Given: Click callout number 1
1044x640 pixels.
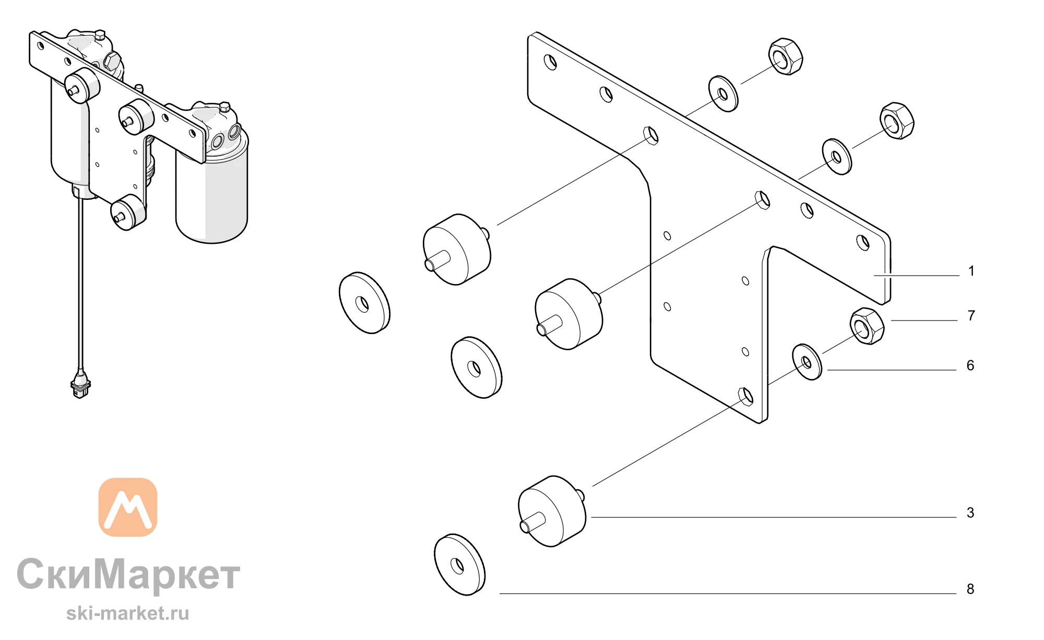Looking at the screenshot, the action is tap(971, 271).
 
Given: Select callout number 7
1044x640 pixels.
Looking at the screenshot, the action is tap(971, 315).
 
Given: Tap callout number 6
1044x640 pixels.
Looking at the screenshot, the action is tap(970, 365).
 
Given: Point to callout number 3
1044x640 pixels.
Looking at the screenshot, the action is tap(970, 513).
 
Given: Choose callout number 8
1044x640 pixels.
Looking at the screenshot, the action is tap(970, 589).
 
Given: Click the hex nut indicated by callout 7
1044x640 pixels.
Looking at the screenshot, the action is tap(867, 326).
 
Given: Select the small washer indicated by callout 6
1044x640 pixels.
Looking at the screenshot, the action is tap(807, 362).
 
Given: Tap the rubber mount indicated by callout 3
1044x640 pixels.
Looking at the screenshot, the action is tap(552, 511).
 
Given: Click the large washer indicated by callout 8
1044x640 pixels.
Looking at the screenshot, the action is tap(459, 564).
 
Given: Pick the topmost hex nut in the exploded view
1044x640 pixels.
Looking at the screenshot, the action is tap(786, 56).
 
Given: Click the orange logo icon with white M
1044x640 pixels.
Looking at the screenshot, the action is tap(128, 507).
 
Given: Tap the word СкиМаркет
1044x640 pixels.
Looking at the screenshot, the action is tap(128, 574).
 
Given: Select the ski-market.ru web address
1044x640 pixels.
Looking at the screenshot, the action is tap(128, 613).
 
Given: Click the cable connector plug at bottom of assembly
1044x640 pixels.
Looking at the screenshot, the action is tap(80, 385).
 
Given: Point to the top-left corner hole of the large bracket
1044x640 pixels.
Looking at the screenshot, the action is tap(550, 62).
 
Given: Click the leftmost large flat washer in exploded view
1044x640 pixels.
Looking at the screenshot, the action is tap(364, 303).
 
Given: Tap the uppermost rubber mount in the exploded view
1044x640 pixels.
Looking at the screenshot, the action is tap(457, 250).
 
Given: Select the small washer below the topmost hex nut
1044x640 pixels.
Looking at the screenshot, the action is tap(723, 94).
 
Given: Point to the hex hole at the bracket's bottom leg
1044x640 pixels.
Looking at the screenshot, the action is tap(746, 396).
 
